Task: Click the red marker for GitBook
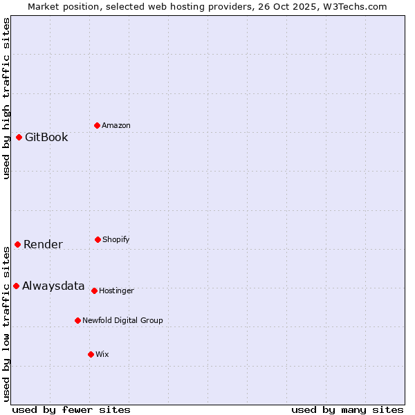19,137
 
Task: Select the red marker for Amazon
97,125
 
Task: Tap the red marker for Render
17,244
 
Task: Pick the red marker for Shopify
98,239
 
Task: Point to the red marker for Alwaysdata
16,286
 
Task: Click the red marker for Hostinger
94,290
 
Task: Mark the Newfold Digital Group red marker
77,320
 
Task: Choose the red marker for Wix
91,354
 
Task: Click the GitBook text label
46,137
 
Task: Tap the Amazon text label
116,125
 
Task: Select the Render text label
43,244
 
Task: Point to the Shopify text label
116,239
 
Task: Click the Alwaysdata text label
53,286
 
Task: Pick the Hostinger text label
116,290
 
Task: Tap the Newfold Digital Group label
122,320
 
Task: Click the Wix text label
102,354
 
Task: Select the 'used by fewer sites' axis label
71,409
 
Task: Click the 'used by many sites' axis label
347,409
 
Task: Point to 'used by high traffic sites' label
6,98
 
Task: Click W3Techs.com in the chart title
353,6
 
